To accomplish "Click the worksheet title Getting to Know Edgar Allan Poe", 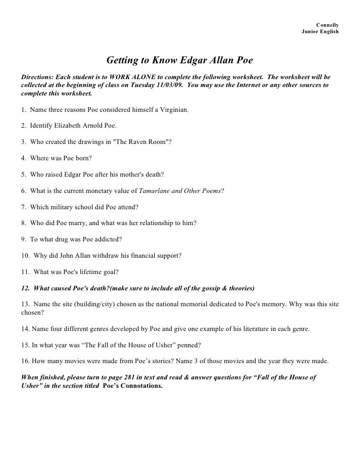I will (x=180, y=60).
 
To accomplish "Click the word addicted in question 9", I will (x=102, y=239).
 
